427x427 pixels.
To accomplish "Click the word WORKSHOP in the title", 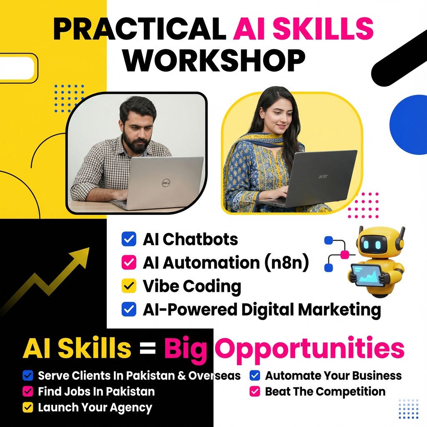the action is (214, 60).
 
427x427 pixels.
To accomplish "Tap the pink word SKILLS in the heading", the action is (323, 29).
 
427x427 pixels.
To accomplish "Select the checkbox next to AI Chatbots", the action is (129, 239).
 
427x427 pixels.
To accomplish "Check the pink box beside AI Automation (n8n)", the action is (129, 263).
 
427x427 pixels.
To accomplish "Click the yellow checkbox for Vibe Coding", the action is (129, 286).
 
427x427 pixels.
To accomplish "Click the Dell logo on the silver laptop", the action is (166, 183).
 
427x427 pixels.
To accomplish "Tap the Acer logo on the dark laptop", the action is (323, 177).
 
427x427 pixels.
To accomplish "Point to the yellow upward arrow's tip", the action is (89, 248).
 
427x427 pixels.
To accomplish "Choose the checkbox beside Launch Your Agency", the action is (28, 407).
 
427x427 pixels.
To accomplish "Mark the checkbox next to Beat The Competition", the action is (255, 391).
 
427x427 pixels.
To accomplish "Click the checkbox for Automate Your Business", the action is (255, 376).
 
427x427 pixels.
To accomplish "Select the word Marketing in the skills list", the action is (339, 310).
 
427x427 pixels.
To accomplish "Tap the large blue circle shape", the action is (409, 125).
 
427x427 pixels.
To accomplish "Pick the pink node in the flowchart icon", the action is (345, 255).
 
